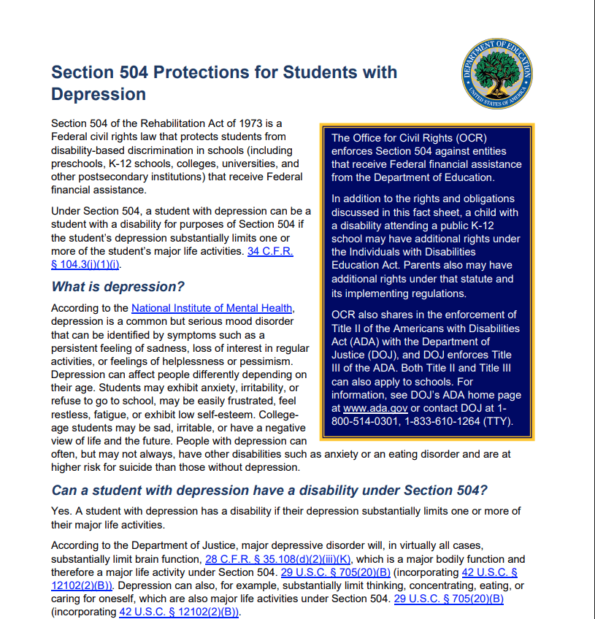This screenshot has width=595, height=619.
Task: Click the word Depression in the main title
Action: [98, 94]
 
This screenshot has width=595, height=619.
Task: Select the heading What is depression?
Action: [118, 287]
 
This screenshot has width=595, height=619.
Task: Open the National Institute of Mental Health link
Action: [212, 308]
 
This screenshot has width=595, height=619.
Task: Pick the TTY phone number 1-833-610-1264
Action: [428, 421]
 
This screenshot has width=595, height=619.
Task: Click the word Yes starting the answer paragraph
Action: [61, 510]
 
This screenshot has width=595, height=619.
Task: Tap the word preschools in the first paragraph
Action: [80, 163]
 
